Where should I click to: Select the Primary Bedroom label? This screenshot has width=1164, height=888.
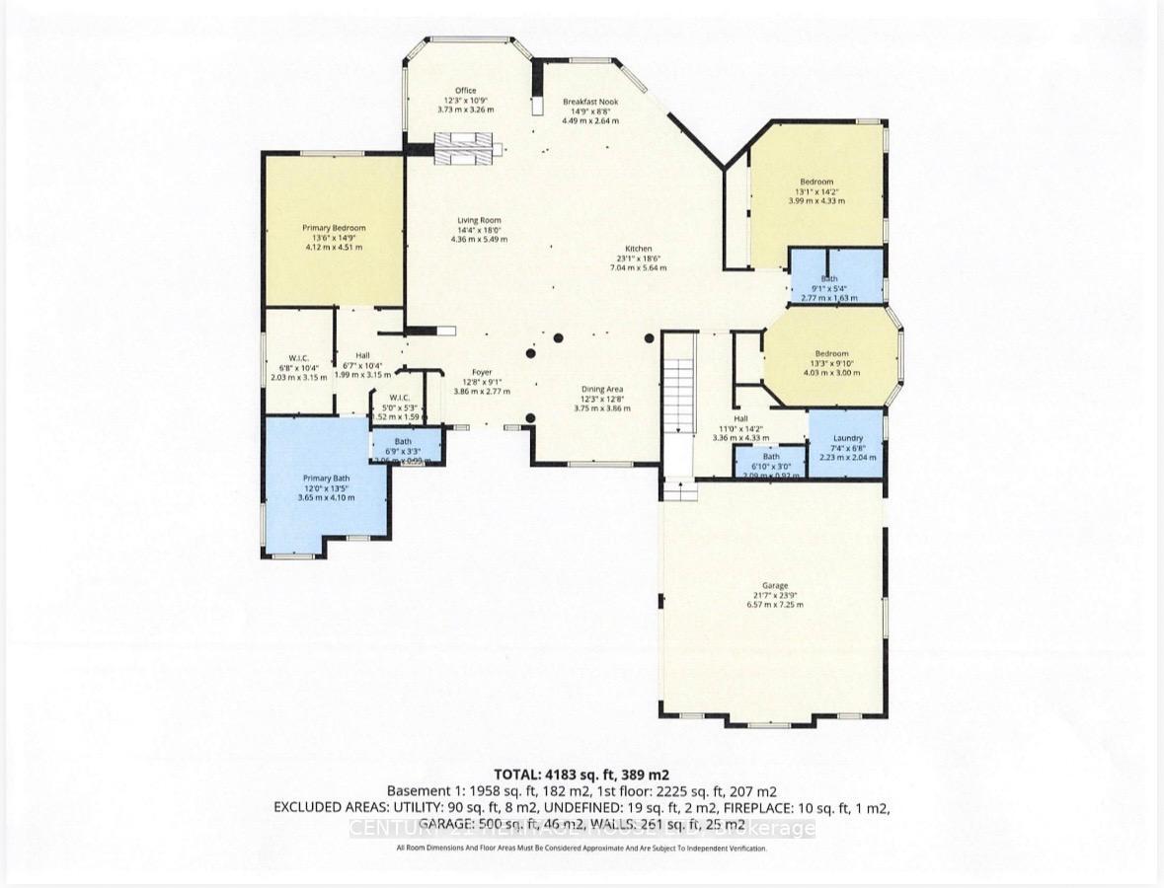(x=334, y=228)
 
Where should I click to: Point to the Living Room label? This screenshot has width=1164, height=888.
(x=479, y=220)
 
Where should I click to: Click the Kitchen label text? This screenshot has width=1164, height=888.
(x=638, y=249)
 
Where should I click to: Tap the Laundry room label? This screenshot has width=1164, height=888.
(x=847, y=438)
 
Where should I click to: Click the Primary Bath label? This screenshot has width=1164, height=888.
(x=326, y=478)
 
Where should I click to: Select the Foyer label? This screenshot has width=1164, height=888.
(x=481, y=372)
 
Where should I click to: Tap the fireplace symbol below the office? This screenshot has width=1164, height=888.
(x=470, y=150)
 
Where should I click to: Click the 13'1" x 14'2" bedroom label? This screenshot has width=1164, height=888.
(x=816, y=182)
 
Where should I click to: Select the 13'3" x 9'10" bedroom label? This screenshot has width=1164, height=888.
(x=830, y=354)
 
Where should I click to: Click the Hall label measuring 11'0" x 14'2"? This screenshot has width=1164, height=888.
(x=740, y=418)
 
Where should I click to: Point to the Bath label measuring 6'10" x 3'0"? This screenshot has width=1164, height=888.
(x=770, y=456)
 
